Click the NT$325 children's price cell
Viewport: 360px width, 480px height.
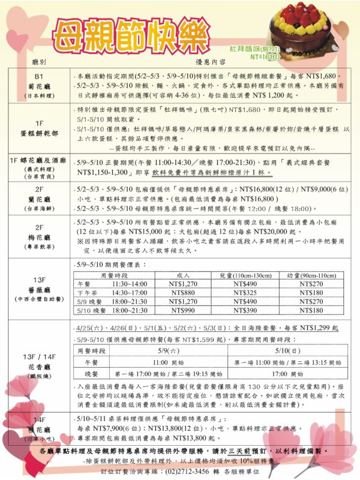pyautogui.click(x=245, y=293)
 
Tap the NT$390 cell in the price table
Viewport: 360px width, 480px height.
pyautogui.click(x=245, y=311)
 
